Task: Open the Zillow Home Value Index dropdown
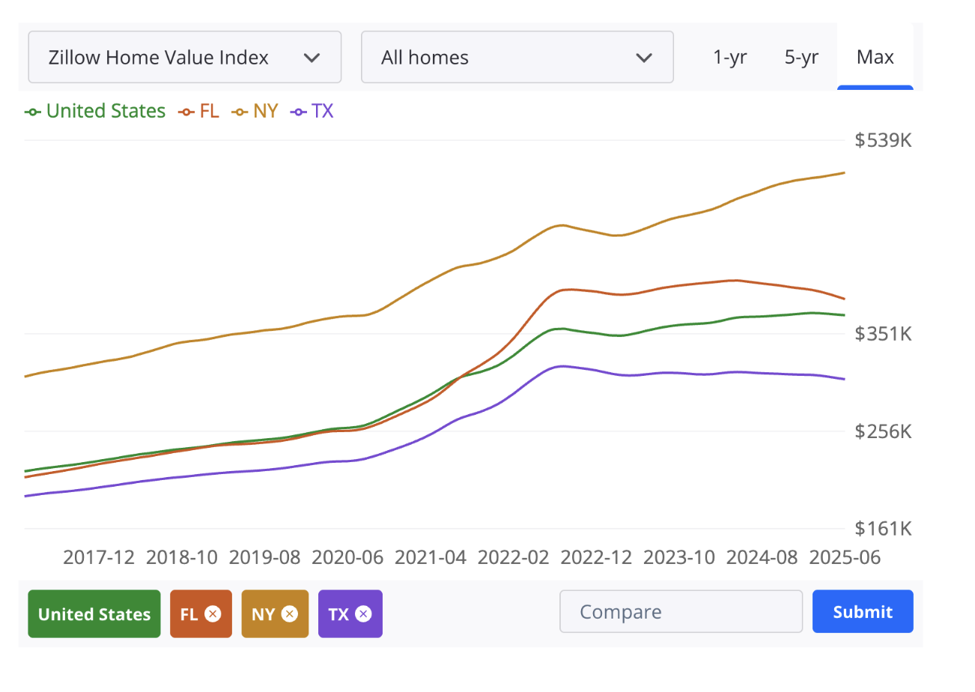[184, 57]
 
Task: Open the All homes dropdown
[517, 57]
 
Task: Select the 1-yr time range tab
[730, 57]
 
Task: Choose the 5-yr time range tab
[801, 57]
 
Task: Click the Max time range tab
[875, 57]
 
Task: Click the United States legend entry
[95, 111]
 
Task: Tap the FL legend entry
[198, 111]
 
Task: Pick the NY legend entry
[255, 111]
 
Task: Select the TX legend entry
[312, 111]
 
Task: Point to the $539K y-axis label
[883, 140]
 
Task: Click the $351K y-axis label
[883, 334]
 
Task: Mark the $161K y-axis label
[883, 528]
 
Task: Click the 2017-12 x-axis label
[99, 557]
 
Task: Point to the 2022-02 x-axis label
[513, 557]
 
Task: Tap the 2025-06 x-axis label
[845, 557]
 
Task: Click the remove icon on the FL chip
[213, 613]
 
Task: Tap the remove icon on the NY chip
[290, 613]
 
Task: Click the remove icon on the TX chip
[363, 613]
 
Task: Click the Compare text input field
[681, 611]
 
